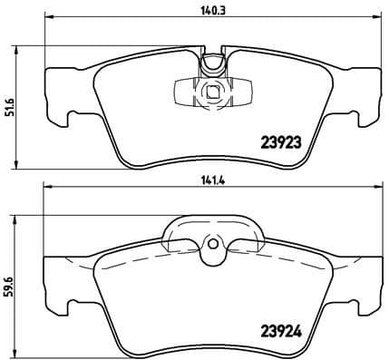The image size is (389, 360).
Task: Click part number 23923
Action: (282, 141)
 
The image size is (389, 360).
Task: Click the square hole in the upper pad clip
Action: (211, 91)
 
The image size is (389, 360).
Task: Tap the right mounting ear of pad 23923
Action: (367, 116)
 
